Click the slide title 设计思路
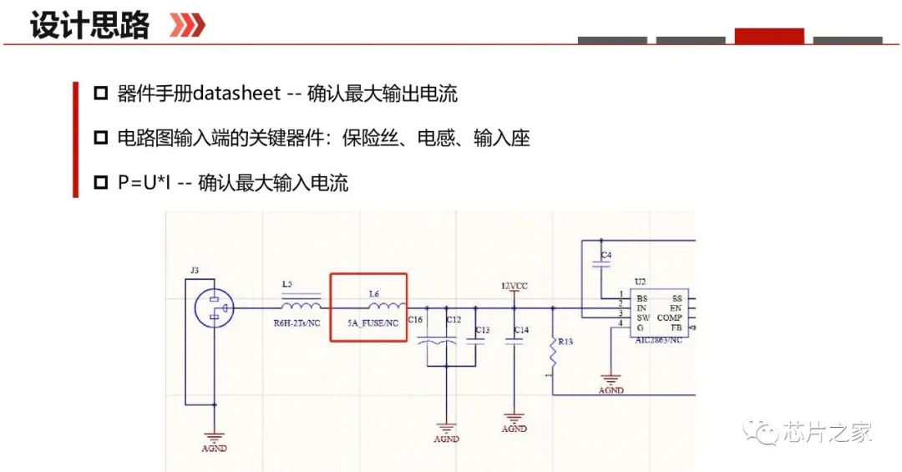click(x=89, y=25)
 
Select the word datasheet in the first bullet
click(x=236, y=93)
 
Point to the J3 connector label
click(x=195, y=270)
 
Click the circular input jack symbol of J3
click(x=215, y=308)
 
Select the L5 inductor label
click(x=287, y=284)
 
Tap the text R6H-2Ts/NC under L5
click(x=297, y=322)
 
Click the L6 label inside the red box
click(x=374, y=293)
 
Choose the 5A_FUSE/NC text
click(x=371, y=322)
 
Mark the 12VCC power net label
click(x=514, y=286)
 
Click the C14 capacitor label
click(x=520, y=331)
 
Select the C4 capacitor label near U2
click(x=606, y=254)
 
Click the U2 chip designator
click(x=640, y=282)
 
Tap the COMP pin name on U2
click(x=670, y=317)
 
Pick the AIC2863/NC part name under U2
click(x=658, y=340)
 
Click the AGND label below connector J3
click(x=214, y=448)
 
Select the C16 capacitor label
click(x=415, y=320)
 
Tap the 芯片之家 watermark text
click(x=827, y=432)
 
